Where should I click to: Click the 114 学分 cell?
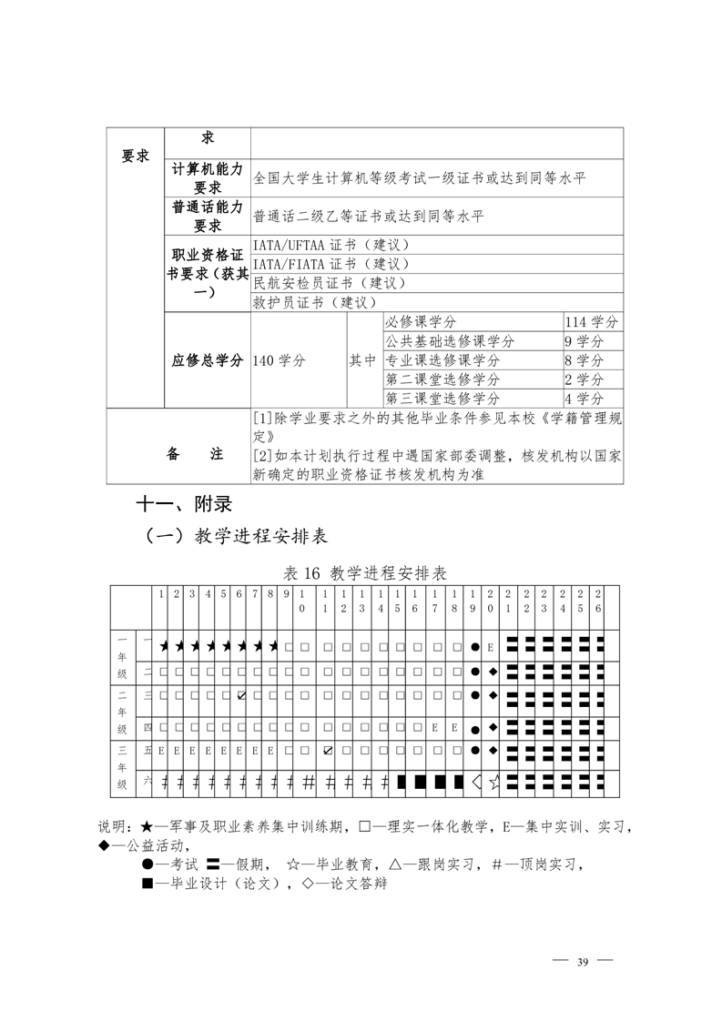click(x=592, y=322)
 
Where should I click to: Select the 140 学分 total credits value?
click(x=280, y=360)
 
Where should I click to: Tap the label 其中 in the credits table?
click(x=362, y=360)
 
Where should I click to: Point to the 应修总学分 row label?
click(x=207, y=360)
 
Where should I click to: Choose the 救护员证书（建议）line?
click(x=314, y=302)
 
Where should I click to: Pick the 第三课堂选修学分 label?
click(x=442, y=399)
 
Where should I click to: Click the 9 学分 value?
click(x=584, y=341)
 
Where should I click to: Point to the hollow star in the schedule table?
click(x=493, y=781)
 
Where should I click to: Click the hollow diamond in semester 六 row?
click(x=475, y=781)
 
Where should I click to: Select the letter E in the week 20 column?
click(x=491, y=647)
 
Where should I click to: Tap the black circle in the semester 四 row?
click(x=474, y=729)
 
